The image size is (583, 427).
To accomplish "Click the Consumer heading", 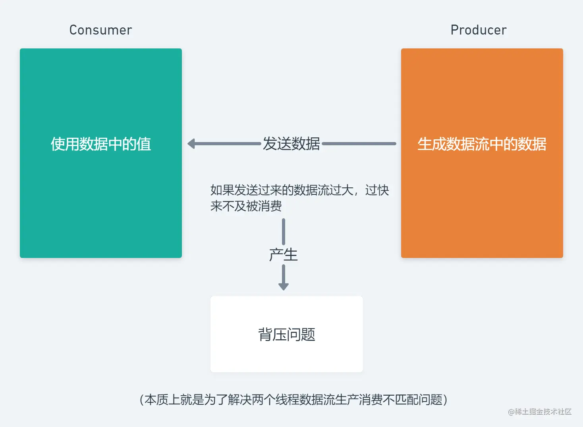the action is (101, 30).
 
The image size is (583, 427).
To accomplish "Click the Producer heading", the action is (479, 30).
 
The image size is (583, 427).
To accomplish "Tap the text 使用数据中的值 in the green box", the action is (101, 144).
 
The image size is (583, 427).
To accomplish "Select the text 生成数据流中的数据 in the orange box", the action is (482, 144).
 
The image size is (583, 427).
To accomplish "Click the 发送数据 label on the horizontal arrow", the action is (291, 144).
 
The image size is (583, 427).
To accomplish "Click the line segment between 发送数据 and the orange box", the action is (359, 144).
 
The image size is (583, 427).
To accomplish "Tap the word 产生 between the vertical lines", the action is (283, 255).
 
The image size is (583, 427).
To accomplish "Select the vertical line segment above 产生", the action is (284, 232).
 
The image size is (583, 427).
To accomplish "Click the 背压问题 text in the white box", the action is (287, 334).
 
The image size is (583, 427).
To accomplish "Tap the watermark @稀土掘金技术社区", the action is (540, 412).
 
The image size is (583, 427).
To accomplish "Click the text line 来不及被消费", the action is (246, 206).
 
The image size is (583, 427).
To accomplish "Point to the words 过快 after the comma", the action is (377, 190).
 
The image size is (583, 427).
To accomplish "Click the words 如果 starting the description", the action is (222, 190).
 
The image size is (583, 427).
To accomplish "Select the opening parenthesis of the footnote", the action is (142, 400).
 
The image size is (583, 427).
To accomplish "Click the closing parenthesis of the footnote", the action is (445, 400).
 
